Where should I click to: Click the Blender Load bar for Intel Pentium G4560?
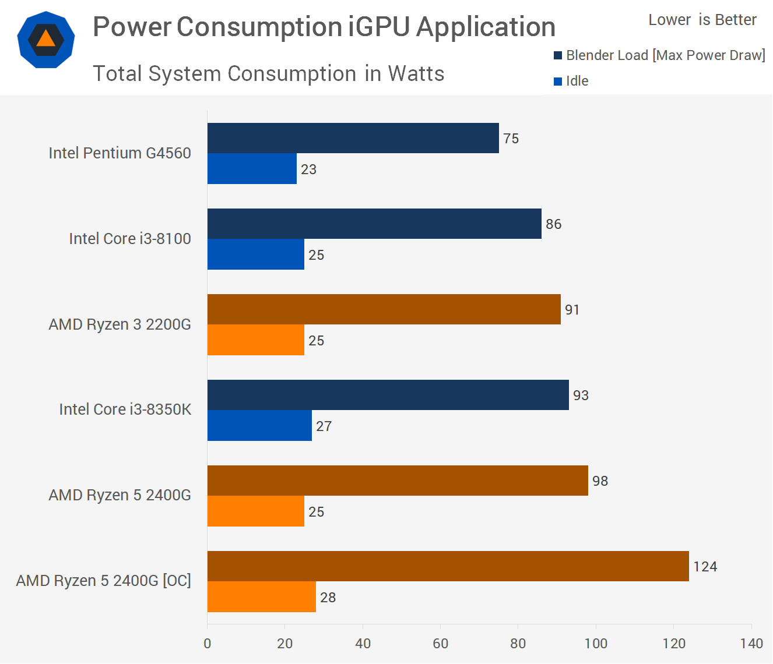click(x=353, y=138)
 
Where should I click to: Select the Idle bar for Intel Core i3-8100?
click(x=255, y=255)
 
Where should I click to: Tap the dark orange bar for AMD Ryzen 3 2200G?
click(x=384, y=309)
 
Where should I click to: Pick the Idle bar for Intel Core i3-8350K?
click(x=259, y=426)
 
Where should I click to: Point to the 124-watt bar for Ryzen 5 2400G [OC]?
click(x=448, y=566)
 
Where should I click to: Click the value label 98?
click(x=600, y=481)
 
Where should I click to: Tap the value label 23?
click(x=308, y=169)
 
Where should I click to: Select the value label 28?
click(x=328, y=598)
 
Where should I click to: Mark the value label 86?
click(x=553, y=224)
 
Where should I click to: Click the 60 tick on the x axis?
click(x=440, y=644)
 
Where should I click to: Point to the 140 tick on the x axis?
click(x=751, y=644)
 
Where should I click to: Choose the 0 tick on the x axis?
click(x=208, y=644)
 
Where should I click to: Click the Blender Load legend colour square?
click(x=558, y=55)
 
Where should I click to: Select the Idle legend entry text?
click(x=577, y=81)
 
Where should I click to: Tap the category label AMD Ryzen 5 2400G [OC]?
click(x=103, y=581)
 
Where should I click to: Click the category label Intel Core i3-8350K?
click(x=125, y=409)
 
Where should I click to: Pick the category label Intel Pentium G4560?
click(x=120, y=153)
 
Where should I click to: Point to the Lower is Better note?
click(x=702, y=20)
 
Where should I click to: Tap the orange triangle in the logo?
click(x=45, y=38)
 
